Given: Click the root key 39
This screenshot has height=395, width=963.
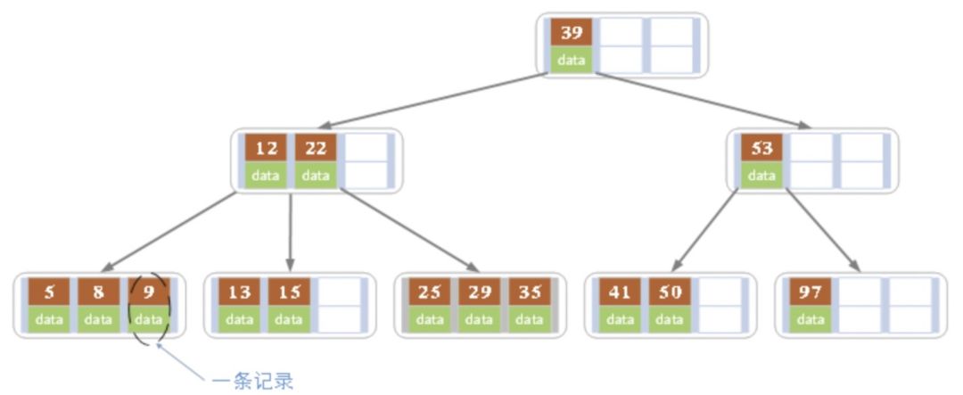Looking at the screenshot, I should [572, 33].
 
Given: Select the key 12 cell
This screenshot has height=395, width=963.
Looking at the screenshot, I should [266, 149].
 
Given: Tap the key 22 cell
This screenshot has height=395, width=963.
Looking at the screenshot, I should [316, 149].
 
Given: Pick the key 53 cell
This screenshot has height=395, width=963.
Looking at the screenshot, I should [761, 149].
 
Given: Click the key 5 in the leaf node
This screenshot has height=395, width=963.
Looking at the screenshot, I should [49, 292].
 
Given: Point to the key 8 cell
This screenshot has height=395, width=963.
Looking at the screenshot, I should [99, 292].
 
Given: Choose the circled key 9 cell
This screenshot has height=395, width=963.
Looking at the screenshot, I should [149, 292].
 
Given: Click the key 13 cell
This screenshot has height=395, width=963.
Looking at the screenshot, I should [239, 292].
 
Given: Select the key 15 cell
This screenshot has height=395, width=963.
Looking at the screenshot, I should [289, 292].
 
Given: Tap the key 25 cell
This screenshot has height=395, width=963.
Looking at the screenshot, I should [430, 292].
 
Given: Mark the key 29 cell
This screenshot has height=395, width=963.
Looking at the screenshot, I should [480, 292].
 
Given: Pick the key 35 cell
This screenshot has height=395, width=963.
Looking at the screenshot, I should [530, 292].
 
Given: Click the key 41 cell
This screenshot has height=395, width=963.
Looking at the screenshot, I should [620, 292].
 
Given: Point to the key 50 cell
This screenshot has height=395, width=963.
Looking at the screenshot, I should [670, 292].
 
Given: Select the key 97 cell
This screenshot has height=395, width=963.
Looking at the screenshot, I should [811, 292].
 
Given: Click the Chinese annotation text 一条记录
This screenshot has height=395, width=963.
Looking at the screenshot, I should [252, 382].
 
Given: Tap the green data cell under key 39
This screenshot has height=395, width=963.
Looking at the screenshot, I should [572, 60].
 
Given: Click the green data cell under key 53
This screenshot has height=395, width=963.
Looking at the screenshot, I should [761, 176].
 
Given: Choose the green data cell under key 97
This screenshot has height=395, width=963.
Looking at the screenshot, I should [811, 318].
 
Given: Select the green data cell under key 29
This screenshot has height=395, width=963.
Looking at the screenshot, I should [480, 318].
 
